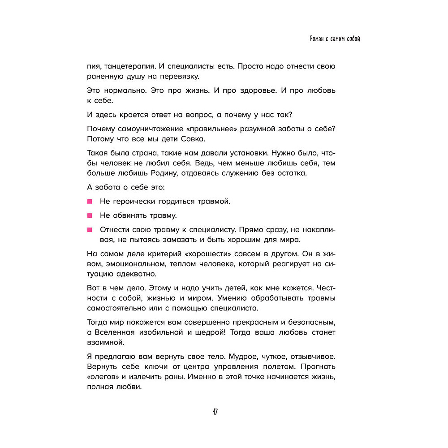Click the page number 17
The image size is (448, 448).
pos(215,412)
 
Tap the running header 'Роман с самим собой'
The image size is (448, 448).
pos(335,39)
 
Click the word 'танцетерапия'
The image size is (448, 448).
pos(123,66)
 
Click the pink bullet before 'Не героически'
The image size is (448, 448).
pos(90,201)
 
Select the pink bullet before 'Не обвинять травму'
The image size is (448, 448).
pos(90,215)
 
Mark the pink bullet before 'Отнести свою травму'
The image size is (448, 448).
pos(90,230)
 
